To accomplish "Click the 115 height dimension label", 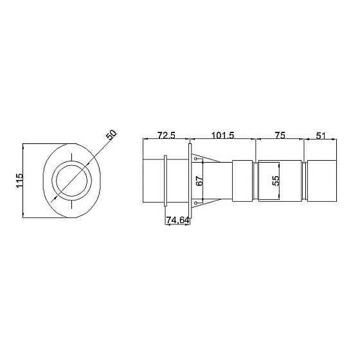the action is pyautogui.click(x=19, y=181).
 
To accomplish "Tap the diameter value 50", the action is pyautogui.click(x=111, y=134).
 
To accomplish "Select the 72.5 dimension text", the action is pyautogui.click(x=166, y=136).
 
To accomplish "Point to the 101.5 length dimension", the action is pyautogui.click(x=222, y=136).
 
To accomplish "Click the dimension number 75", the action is pyautogui.click(x=280, y=136).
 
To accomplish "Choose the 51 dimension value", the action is pyautogui.click(x=321, y=136).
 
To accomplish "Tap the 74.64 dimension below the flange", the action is pyautogui.click(x=177, y=220).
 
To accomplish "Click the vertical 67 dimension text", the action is pyautogui.click(x=199, y=181).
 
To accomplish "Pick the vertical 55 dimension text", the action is pyautogui.click(x=276, y=181).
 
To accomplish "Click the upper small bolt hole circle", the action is pyautogui.click(x=195, y=159).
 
